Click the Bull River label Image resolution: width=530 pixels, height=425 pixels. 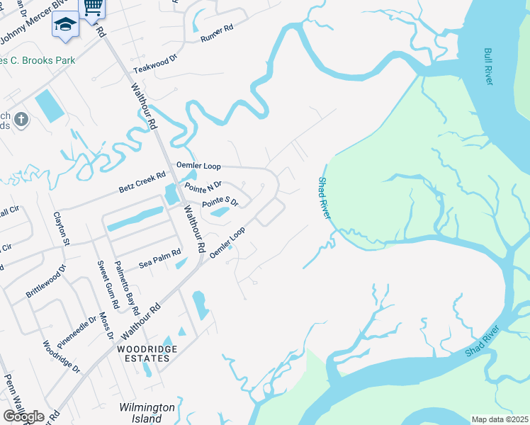click(488, 67)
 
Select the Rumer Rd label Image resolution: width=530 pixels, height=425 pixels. click(217, 33)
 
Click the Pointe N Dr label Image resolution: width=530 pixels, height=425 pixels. click(203, 188)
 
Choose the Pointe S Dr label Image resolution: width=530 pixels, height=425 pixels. click(220, 203)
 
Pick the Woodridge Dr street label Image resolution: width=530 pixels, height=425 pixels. click(62, 358)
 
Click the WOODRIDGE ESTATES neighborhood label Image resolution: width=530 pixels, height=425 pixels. click(143, 354)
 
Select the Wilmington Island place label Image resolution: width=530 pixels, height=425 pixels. click(147, 413)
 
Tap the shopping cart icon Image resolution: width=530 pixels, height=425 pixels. click(92, 7)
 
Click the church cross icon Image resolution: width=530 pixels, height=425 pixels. click(21, 119)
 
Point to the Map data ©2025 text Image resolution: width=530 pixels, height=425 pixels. click(499, 419)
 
